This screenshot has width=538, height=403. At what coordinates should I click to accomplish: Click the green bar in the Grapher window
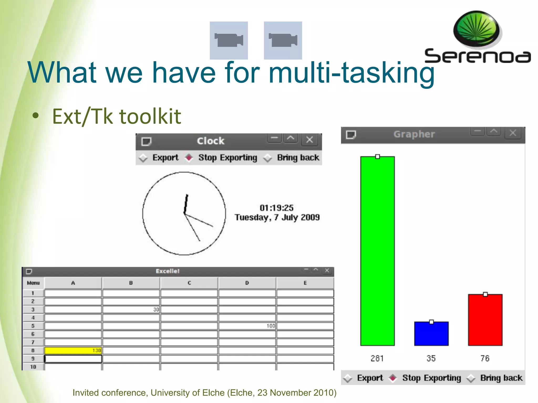pos(377,251)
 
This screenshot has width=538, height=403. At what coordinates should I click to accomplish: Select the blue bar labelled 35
pos(431,334)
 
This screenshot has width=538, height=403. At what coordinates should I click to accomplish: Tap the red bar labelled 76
pos(485,320)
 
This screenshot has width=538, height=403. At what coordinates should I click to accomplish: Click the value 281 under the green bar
pos(377,358)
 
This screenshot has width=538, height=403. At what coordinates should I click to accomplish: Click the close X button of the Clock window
pos(309,140)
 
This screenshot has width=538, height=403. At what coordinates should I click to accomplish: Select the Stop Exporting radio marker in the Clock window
pos(189,157)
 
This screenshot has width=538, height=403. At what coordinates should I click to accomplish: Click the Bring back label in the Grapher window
pos(501,378)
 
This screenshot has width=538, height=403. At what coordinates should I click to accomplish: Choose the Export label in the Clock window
pos(165,157)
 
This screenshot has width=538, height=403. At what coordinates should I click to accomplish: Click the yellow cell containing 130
pos(73,350)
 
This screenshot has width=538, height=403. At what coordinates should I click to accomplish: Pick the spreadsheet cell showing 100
pos(247,326)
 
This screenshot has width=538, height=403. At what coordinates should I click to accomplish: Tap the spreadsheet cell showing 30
pos(131,309)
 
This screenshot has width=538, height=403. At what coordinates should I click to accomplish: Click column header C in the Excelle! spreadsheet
pos(189,283)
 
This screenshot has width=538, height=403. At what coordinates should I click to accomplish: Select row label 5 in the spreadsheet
pos(33,326)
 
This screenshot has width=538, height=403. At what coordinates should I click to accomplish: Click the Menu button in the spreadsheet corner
pos(33,283)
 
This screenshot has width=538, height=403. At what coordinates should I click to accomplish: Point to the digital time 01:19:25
pos(277,208)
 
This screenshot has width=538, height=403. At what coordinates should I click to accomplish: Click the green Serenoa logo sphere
pos(476,29)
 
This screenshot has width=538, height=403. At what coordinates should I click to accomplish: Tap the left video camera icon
pos(229,40)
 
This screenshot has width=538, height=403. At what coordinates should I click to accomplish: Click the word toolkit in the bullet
pos(150,116)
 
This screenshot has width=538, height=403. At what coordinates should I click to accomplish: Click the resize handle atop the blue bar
pos(431,322)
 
